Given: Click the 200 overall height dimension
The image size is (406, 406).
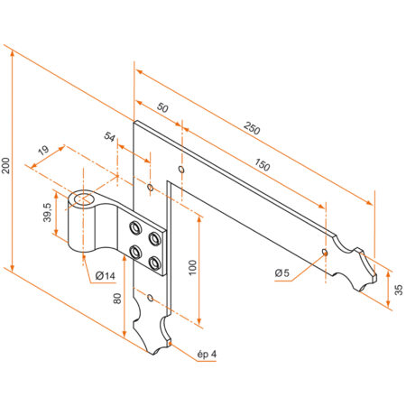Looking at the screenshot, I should [x=7, y=166].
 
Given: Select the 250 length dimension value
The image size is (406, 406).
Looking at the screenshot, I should [x=253, y=130].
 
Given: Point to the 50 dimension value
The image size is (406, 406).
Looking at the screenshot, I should [x=162, y=107].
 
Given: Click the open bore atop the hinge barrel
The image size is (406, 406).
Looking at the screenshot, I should [x=88, y=197].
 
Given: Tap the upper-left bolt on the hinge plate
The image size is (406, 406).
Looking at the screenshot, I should [x=134, y=226].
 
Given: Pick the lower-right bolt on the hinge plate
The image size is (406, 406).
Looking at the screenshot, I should [x=155, y=263].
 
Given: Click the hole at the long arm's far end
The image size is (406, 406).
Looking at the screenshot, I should [x=325, y=251].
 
